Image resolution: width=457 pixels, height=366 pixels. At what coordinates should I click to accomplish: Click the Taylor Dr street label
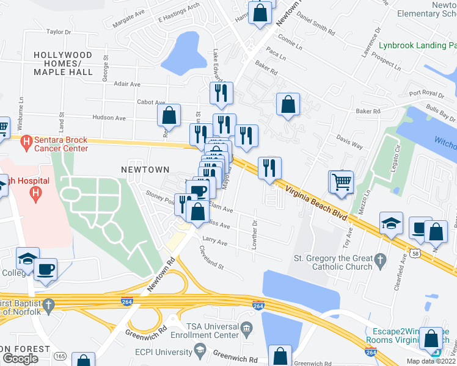click(59, 31)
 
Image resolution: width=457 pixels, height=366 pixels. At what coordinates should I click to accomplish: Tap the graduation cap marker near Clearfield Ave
click(391, 223)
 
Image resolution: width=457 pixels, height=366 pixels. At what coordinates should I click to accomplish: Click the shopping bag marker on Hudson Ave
click(169, 115)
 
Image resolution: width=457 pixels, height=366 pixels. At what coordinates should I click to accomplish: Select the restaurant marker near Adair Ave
click(220, 93)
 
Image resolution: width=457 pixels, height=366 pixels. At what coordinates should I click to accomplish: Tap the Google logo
click(20, 358)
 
